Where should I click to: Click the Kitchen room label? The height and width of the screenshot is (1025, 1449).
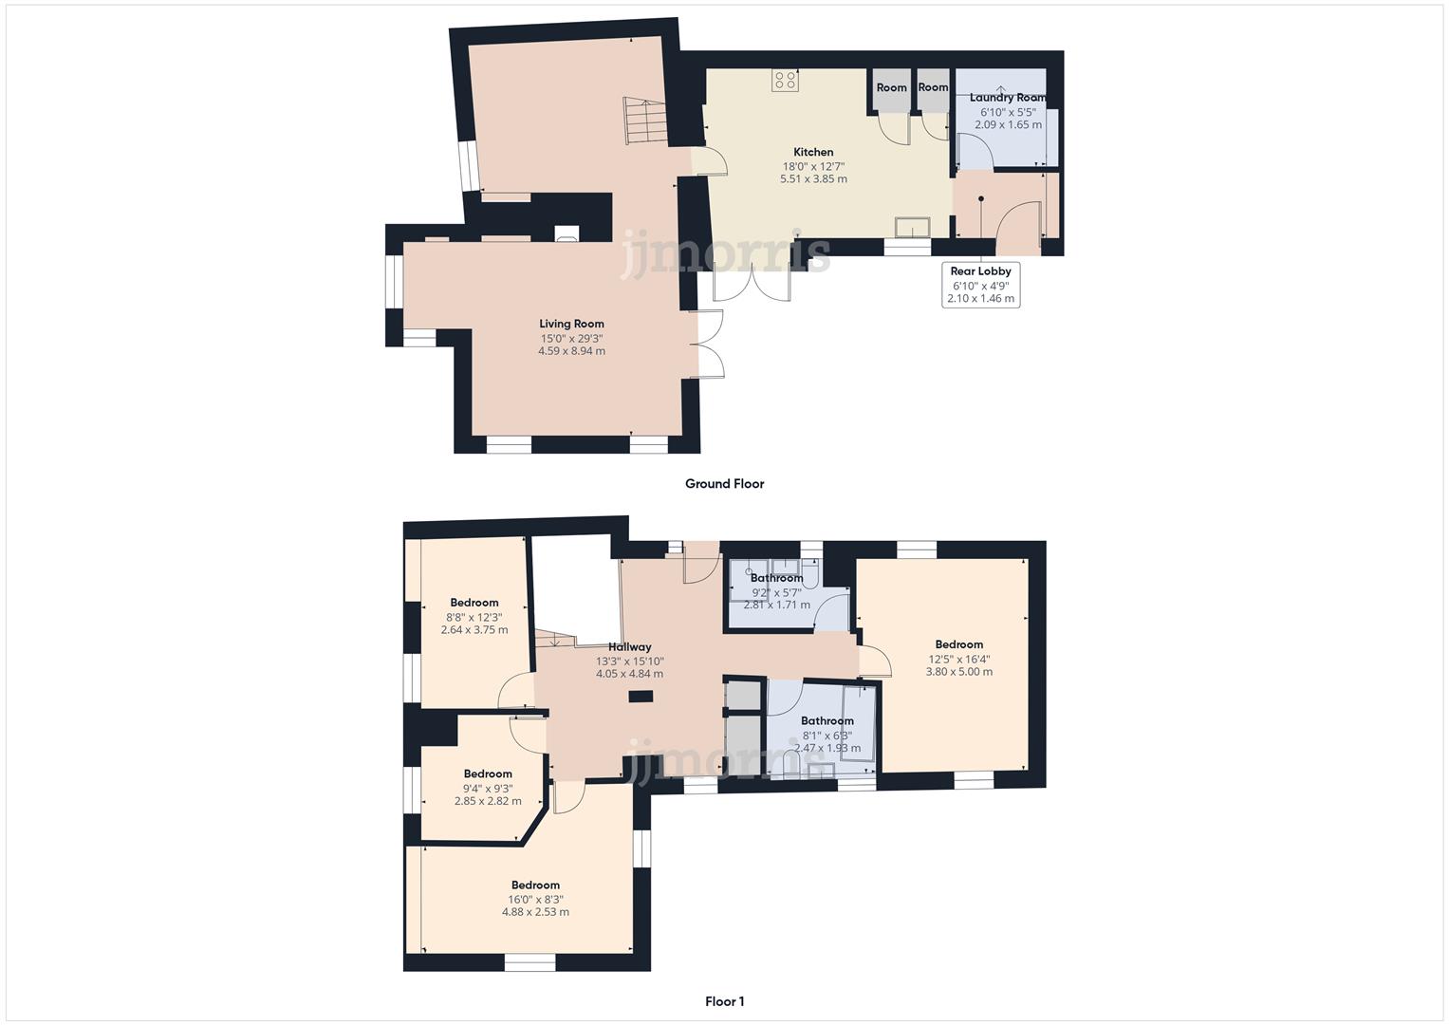tap(813, 152)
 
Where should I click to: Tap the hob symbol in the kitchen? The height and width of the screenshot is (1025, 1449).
tap(785, 81)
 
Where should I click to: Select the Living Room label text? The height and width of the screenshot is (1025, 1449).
tap(571, 324)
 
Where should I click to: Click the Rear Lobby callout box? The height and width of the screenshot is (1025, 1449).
tap(980, 285)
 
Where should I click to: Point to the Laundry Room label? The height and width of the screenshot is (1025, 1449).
tap(1008, 98)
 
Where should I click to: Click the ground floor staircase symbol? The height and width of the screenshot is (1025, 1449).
tap(642, 121)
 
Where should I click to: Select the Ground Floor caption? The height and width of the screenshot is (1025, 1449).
tap(724, 484)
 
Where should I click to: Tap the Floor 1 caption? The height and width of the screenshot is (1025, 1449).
tap(724, 1001)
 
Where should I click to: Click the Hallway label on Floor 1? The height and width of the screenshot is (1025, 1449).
tap(629, 647)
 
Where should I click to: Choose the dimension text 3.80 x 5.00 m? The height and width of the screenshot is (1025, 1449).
tap(958, 672)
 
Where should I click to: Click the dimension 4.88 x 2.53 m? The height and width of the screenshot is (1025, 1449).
tap(535, 912)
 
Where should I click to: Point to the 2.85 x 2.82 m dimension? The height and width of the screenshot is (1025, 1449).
tap(488, 801)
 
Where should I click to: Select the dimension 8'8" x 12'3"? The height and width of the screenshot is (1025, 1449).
tap(474, 617)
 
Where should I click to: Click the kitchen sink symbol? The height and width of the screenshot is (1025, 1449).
tap(914, 227)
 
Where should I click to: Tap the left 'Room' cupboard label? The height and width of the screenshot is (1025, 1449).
tap(891, 87)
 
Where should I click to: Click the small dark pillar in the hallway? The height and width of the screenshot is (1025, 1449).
tap(641, 697)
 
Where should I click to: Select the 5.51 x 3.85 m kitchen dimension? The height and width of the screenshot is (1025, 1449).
tap(813, 178)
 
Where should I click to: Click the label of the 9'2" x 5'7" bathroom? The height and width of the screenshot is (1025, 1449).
tap(776, 578)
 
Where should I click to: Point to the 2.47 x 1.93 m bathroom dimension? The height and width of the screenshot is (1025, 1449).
tap(827, 748)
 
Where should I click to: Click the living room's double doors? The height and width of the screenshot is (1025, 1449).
tap(707, 344)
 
